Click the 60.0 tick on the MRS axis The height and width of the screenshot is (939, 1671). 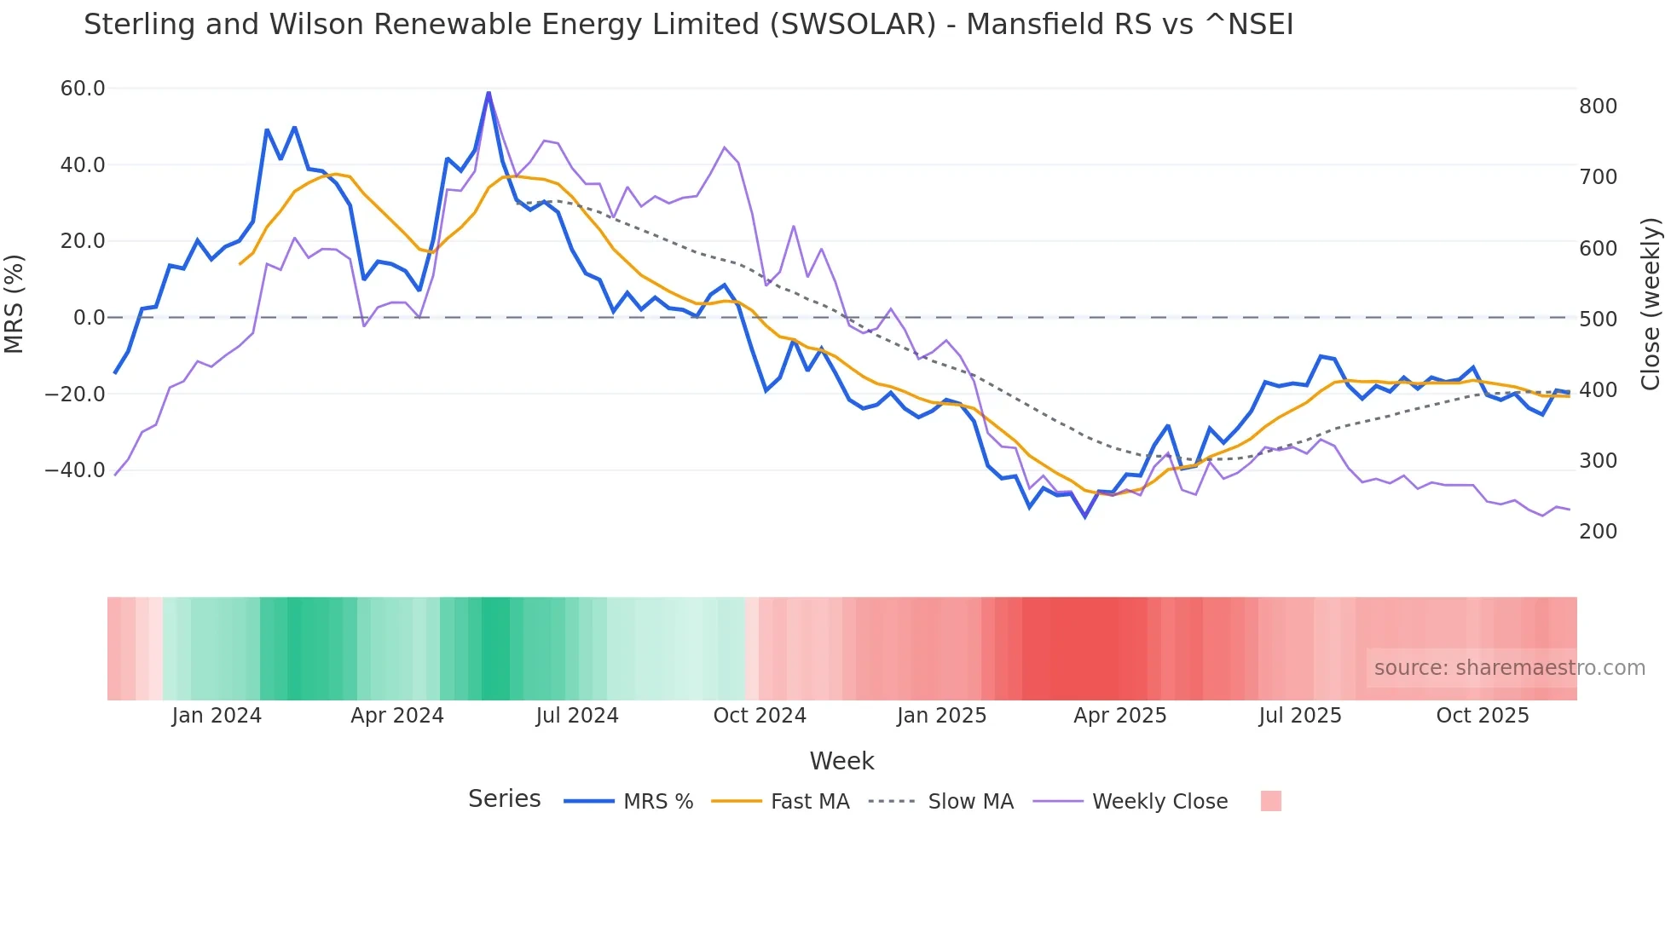(x=83, y=89)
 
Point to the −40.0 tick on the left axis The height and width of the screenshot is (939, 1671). (x=75, y=470)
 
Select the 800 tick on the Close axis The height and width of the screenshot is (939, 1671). (x=1598, y=107)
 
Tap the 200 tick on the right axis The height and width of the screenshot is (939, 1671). (x=1598, y=532)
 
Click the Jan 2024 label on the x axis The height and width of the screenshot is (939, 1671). (x=217, y=716)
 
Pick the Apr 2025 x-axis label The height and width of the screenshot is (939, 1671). (x=1119, y=716)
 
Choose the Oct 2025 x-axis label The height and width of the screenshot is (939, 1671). (x=1483, y=716)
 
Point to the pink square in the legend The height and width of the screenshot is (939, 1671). (x=1270, y=802)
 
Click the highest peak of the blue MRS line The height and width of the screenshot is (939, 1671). (x=489, y=93)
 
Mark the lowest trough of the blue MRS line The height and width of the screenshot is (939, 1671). (x=1085, y=516)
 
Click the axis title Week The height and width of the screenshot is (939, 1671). (x=841, y=761)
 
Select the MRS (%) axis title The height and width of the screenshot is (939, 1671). (x=14, y=303)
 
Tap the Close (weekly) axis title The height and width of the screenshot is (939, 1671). (x=1651, y=303)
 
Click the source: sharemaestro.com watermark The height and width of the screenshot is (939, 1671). (x=1509, y=668)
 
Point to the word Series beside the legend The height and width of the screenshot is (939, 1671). (x=504, y=799)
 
